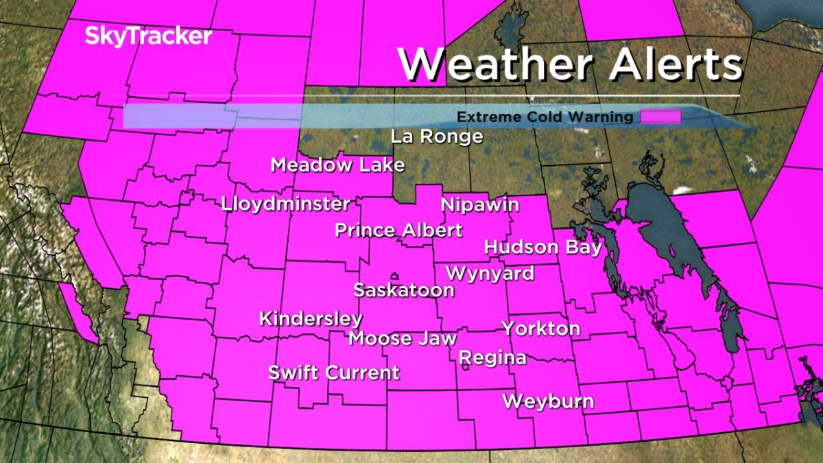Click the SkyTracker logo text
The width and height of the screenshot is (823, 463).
click(148, 36)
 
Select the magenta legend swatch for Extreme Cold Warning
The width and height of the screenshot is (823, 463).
click(661, 117)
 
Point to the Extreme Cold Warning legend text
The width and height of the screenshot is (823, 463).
click(545, 117)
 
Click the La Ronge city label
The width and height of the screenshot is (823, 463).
click(437, 136)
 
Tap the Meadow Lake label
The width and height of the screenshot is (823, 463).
click(337, 165)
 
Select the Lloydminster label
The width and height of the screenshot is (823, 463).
click(286, 204)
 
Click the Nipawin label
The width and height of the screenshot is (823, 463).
click(480, 205)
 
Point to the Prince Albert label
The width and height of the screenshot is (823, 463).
click(398, 230)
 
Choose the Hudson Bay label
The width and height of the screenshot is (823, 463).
click(542, 247)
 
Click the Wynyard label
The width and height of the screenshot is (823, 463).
click(490, 273)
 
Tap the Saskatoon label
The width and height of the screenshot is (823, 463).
click(403, 290)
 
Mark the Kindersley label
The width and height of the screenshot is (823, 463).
click(311, 319)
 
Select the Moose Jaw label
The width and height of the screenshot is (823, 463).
click(402, 338)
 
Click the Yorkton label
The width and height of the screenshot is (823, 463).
click(541, 329)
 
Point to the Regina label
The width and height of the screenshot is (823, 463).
click(492, 357)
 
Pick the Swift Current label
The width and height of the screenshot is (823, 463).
click(333, 373)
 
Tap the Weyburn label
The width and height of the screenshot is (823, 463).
click(548, 401)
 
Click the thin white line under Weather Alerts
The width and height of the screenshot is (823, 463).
click(569, 95)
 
